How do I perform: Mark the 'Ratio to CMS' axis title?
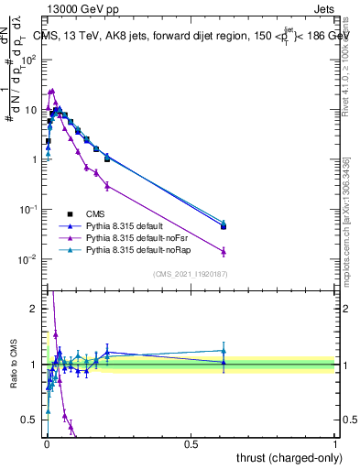click(x=13, y=366)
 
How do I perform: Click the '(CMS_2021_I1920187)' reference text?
click(x=189, y=274)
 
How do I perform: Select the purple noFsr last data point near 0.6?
click(x=224, y=251)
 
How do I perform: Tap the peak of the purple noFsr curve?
click(x=52, y=91)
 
